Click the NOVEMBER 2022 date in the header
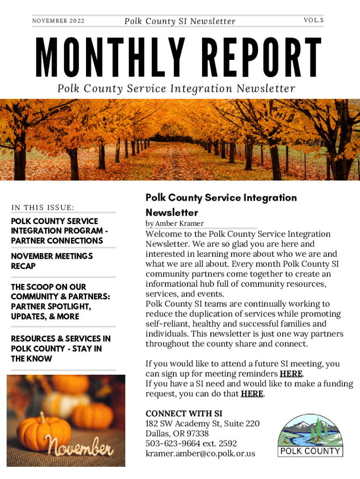click(x=58, y=21)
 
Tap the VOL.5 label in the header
click(x=313, y=21)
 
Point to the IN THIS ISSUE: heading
click(x=43, y=208)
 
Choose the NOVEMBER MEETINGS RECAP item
click(x=52, y=261)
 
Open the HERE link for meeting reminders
click(x=291, y=374)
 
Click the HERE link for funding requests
click(x=252, y=394)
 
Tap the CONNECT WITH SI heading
click(x=184, y=414)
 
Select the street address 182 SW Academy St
click(x=202, y=424)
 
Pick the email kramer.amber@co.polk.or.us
click(x=200, y=454)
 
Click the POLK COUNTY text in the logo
click(x=310, y=451)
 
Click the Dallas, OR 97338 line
click(x=177, y=434)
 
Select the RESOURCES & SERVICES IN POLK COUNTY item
click(x=61, y=348)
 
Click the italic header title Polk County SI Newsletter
click(x=180, y=21)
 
